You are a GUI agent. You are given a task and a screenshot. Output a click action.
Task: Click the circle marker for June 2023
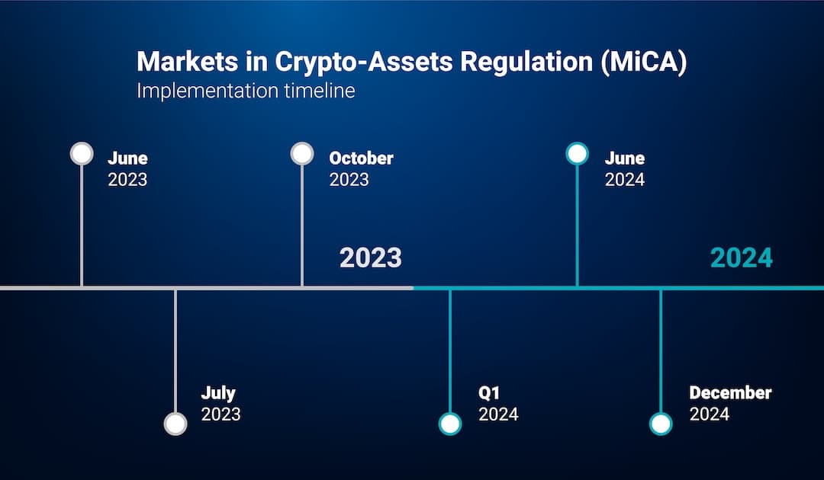[x=82, y=154]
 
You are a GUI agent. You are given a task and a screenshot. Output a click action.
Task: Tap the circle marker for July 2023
[x=175, y=424]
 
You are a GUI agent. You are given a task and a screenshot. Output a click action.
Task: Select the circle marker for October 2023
[x=302, y=154]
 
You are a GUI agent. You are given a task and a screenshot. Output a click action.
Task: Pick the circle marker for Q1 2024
[x=450, y=424]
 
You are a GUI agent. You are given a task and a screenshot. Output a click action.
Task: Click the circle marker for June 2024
[x=577, y=154]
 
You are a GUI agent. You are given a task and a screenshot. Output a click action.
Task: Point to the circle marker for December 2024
[x=661, y=424]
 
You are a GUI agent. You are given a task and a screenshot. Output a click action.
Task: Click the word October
[x=361, y=158]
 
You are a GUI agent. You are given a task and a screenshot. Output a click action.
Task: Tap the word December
[x=730, y=393]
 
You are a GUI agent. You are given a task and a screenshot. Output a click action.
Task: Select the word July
[x=218, y=393]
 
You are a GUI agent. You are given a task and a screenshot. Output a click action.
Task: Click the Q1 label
[x=488, y=393]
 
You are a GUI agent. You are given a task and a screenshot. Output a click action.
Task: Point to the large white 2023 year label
[x=370, y=258]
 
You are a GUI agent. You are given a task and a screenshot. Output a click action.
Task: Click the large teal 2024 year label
[x=741, y=258]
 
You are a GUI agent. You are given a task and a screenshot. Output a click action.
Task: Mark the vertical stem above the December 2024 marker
[x=661, y=350]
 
